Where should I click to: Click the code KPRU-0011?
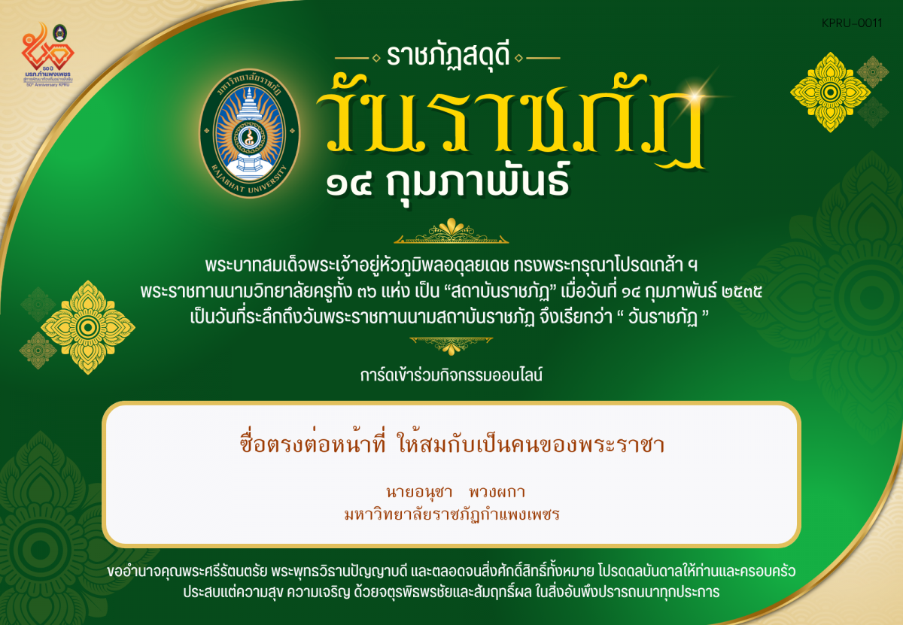tap(852, 23)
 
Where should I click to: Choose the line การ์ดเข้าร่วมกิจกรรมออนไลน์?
tap(451, 374)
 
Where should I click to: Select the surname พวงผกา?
tap(496, 493)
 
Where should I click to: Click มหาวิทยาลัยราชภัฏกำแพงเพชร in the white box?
tap(451, 515)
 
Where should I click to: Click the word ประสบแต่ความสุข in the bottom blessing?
tap(234, 592)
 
